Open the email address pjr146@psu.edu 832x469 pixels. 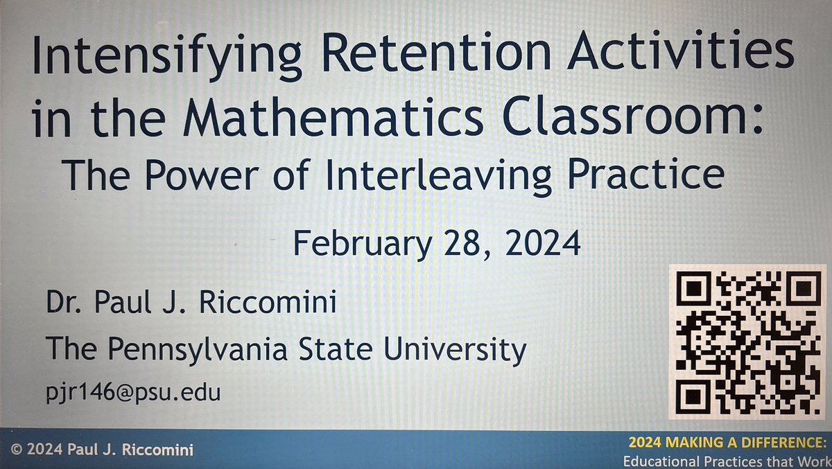(x=132, y=394)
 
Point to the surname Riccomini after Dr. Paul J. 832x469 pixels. (x=275, y=305)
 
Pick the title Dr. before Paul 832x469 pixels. (x=62, y=305)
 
